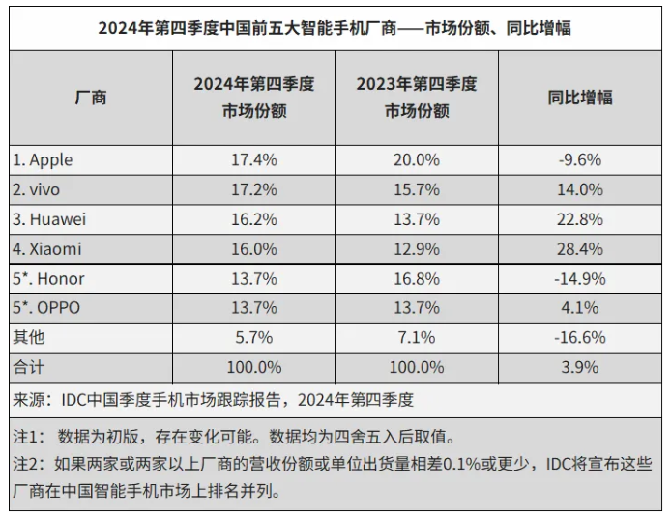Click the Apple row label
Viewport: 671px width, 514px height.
44,159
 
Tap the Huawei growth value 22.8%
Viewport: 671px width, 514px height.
580,219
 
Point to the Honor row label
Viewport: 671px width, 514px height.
49,278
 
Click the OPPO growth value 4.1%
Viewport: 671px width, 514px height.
580,308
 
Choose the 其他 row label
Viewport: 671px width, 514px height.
29,338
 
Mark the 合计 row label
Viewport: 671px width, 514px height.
29,367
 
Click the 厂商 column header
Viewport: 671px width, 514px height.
91,98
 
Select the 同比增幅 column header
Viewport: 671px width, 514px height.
580,98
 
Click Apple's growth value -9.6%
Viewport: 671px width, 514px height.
580,159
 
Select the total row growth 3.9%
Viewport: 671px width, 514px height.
580,367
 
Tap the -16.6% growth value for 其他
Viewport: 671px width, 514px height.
580,338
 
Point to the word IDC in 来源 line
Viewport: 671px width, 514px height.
75,398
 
